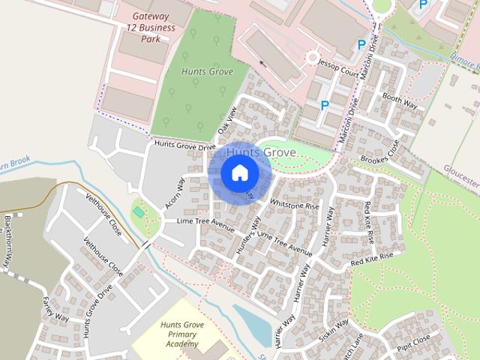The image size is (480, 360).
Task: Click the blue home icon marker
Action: click(x=239, y=173)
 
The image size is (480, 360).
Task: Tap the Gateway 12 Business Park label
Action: click(x=153, y=28)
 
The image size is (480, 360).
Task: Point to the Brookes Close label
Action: click(x=379, y=152)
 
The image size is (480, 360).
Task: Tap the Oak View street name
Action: click(x=226, y=121)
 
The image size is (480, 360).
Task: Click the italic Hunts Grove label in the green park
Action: click(x=207, y=71)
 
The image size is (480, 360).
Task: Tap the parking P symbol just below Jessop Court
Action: click(x=325, y=106)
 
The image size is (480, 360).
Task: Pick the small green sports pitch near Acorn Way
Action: click(x=139, y=212)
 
